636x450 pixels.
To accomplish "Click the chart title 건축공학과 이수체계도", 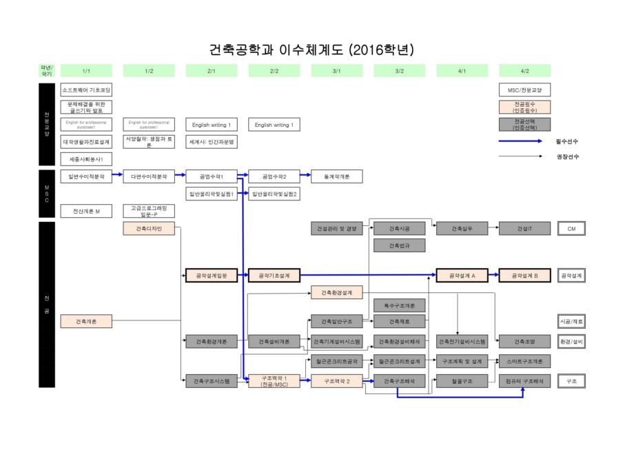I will [311, 50].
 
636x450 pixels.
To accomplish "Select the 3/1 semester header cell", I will [337, 70].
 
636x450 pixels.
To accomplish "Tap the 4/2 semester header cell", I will [524, 70].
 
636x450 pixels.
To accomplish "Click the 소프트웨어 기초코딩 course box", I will [86, 90].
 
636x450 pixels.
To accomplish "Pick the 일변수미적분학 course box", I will [86, 176].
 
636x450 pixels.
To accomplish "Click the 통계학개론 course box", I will [337, 176].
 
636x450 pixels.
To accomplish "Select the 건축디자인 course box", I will [149, 229].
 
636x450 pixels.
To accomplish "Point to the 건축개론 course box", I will [86, 320].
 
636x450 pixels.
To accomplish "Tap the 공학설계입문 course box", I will [212, 275].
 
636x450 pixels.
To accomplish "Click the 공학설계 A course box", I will [462, 275].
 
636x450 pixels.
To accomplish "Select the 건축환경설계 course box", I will [337, 292].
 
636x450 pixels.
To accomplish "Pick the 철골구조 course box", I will [462, 380].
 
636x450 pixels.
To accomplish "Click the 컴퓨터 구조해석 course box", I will [524, 380].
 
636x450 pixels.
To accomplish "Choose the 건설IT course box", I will [524, 229].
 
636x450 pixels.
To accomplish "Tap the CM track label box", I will [571, 229].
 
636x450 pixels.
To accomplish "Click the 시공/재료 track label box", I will [571, 320].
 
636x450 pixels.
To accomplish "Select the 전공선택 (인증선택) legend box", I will [524, 125].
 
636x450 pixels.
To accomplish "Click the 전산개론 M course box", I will [86, 211].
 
